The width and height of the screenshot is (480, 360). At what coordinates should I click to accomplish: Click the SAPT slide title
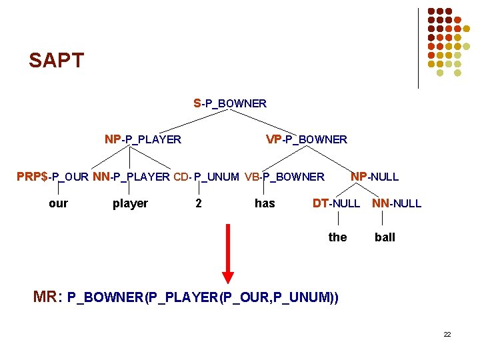57,61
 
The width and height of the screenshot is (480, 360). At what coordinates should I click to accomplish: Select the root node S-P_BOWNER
230,103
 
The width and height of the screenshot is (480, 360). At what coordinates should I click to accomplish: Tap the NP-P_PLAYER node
143,139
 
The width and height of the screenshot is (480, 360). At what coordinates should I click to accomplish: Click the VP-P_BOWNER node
307,139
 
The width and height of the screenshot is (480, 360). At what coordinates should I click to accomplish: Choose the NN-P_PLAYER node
131,177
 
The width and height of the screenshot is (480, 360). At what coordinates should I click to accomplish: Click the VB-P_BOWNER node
285,177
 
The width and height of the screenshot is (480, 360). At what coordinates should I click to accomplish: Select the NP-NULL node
375,177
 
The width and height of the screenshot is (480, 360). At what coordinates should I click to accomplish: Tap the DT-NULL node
336,203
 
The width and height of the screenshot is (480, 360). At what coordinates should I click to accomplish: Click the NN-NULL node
397,203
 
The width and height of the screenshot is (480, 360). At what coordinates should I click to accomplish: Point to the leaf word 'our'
58,203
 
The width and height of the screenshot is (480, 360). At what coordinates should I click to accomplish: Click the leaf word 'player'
130,203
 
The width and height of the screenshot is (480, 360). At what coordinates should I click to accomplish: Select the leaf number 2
198,203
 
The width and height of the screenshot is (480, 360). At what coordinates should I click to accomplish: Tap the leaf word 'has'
265,203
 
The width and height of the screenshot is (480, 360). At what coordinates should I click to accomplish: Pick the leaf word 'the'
337,237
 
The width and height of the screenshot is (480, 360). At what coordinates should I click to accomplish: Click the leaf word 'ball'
385,237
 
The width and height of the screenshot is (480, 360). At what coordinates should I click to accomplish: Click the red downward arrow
228,253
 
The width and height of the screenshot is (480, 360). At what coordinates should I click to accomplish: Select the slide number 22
447,334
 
